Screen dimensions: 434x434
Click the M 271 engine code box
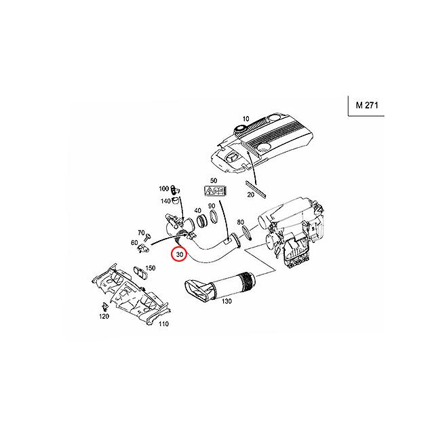click(367, 106)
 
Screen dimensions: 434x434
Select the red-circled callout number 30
click(180, 256)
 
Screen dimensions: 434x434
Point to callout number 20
click(250, 195)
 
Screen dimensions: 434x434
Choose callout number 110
click(163, 324)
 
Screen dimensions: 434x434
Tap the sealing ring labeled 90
click(213, 220)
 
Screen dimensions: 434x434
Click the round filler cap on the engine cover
click(241, 129)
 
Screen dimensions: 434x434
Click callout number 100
click(163, 188)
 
